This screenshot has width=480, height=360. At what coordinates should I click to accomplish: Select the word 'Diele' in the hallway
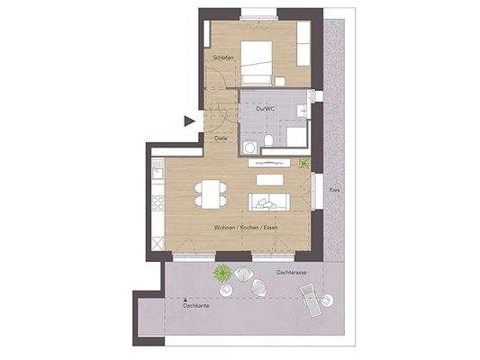(x=221, y=139)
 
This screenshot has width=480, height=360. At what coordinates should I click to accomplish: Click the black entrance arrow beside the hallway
(x=189, y=120)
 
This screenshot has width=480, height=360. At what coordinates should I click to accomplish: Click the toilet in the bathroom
(x=270, y=140)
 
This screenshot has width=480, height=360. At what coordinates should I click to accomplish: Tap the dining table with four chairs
(x=212, y=193)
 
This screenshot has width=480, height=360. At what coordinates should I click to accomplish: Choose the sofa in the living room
(x=267, y=200)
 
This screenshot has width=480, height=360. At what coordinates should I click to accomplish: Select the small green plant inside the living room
(x=304, y=164)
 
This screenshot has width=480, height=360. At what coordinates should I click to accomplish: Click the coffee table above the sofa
(x=268, y=179)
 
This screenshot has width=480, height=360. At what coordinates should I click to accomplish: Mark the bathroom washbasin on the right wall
(x=305, y=112)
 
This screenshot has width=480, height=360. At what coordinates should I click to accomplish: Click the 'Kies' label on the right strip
(x=334, y=191)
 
